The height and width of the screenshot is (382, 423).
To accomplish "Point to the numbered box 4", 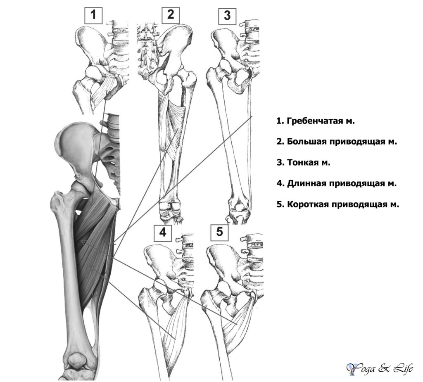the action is point(163,233).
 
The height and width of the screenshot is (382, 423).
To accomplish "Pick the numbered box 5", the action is point(220,233).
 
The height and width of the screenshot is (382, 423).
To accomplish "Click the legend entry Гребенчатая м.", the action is point(315,121).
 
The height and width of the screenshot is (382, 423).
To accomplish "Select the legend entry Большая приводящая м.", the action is point(337,142).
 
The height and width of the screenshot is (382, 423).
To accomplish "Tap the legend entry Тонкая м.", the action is point(303,163).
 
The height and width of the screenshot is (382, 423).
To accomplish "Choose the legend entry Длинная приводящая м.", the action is point(336,184).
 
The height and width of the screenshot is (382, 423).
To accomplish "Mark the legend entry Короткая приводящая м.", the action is point(337,204).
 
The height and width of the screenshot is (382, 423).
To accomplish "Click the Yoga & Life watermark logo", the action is point(380,368).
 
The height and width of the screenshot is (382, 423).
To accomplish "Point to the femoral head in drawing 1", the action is point(93,73).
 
